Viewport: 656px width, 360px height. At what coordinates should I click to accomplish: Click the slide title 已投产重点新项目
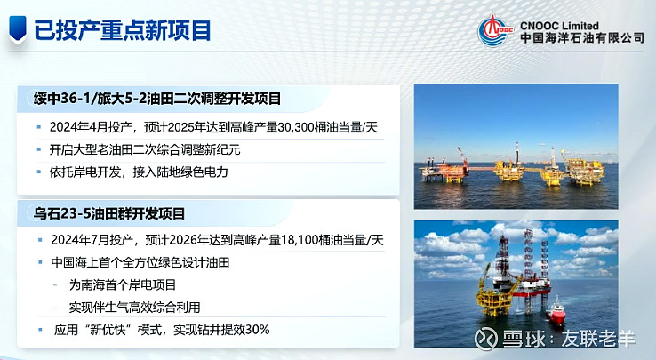pos(122,30)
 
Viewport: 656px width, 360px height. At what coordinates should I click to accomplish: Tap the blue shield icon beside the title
pos(18,29)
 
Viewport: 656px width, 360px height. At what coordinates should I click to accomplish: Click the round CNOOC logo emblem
pos(495,30)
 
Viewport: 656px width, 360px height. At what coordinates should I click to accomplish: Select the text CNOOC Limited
pos(559,25)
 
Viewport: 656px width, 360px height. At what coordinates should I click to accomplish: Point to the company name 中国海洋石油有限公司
pos(582,38)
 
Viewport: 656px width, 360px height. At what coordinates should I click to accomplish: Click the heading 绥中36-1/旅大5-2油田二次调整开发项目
pos(157,99)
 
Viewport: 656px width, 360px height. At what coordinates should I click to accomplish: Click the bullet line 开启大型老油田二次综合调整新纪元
pos(145,150)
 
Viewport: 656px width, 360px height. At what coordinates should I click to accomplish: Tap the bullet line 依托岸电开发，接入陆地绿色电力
pos(139,172)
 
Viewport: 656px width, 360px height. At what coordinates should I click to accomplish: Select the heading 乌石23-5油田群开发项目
pos(109,214)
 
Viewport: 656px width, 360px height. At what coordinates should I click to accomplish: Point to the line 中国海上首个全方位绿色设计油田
pos(140,262)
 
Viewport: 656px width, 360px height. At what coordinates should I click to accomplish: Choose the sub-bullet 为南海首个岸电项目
pos(123,285)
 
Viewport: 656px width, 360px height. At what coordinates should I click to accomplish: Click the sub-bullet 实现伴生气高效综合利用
pos(135,308)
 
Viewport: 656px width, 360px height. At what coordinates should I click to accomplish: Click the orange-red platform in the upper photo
pos(444,167)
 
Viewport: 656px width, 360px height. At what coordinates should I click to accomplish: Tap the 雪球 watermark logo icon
pos(485,337)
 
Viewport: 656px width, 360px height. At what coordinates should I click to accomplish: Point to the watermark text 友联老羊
pos(598,339)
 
